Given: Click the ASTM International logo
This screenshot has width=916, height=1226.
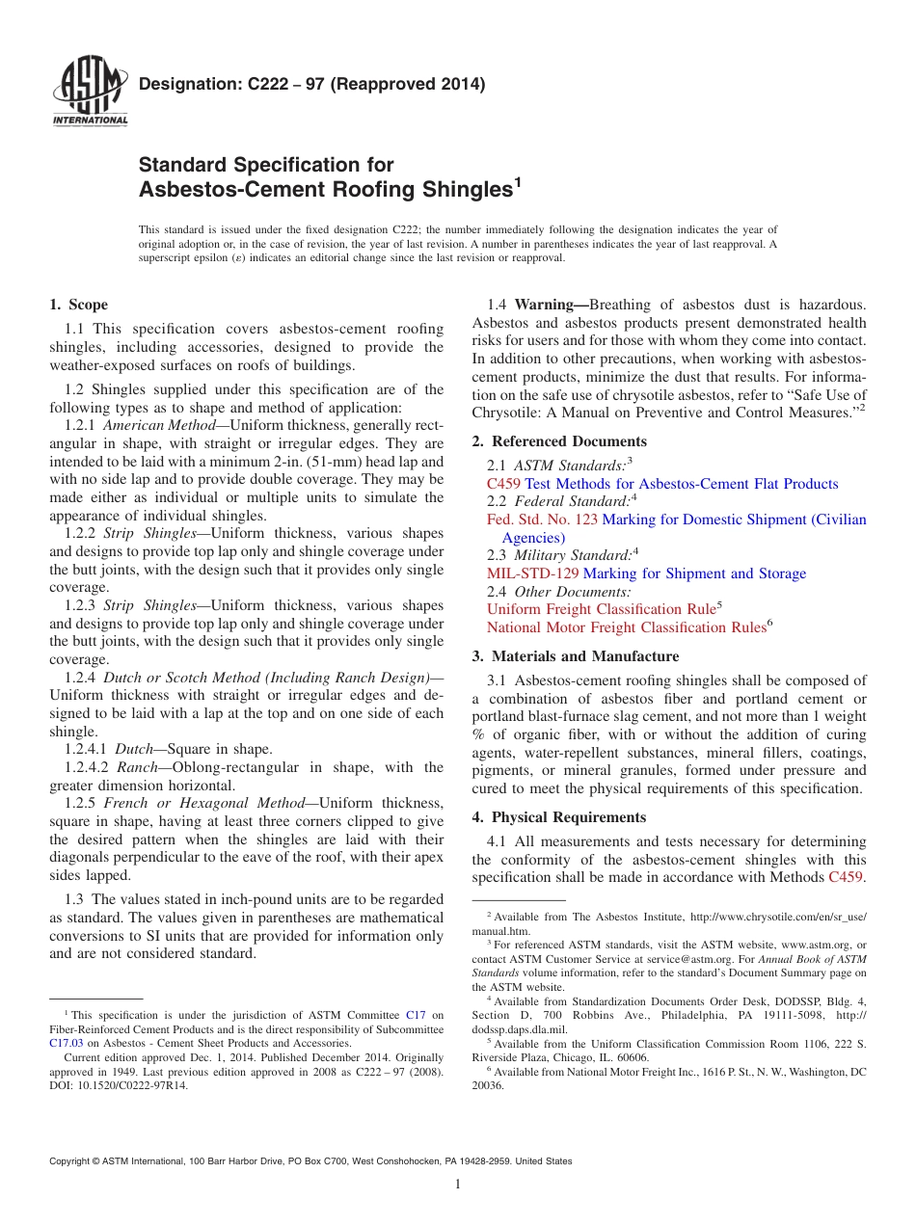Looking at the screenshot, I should point(89,92).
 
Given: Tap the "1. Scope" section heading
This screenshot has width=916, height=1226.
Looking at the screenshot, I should point(78,305).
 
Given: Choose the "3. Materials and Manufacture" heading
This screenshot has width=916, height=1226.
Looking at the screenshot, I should point(575,656).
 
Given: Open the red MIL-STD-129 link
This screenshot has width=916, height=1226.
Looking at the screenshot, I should point(532,573).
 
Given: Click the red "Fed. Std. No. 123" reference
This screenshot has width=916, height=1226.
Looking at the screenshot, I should point(542,520).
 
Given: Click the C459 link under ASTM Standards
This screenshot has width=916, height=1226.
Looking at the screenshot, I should point(504,484).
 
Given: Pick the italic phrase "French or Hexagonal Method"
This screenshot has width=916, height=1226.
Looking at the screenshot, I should point(208,803).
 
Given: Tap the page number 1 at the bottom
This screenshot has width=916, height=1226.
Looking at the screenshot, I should point(458,1185).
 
